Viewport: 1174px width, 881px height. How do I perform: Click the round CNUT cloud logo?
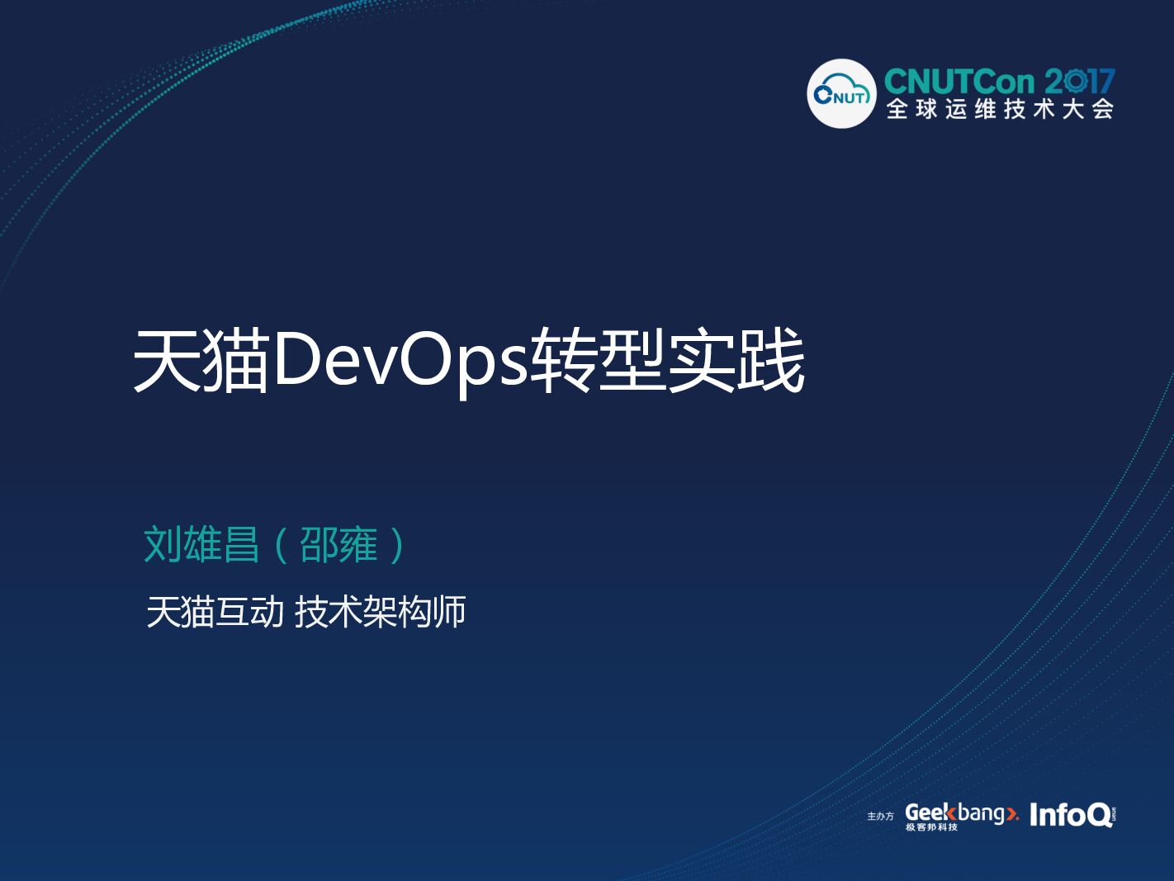pos(840,93)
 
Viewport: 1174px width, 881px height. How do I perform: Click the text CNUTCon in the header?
pos(959,82)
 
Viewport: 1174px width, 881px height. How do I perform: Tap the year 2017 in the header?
pos(1079,82)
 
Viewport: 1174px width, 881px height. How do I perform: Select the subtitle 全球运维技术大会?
pos(1000,109)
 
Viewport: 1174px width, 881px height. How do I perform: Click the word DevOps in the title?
pos(399,361)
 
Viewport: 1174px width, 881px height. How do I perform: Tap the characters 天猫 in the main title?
pos(201,361)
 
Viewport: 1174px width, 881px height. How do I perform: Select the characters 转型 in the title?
pos(597,361)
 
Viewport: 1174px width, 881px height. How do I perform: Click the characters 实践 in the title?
pos(736,361)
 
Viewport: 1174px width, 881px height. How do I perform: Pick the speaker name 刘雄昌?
pos(201,545)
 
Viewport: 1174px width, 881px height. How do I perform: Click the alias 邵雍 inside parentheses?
pos(338,545)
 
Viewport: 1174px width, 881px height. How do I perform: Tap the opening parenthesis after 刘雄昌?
pos(281,545)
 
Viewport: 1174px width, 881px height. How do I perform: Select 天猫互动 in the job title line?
pos(215,612)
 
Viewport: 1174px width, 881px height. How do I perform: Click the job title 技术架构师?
pos(380,612)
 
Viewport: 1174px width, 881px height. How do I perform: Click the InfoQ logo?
pos(1071,815)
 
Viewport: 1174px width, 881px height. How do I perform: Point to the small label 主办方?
pos(880,817)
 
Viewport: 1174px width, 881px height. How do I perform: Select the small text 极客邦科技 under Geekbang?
pos(931,827)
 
